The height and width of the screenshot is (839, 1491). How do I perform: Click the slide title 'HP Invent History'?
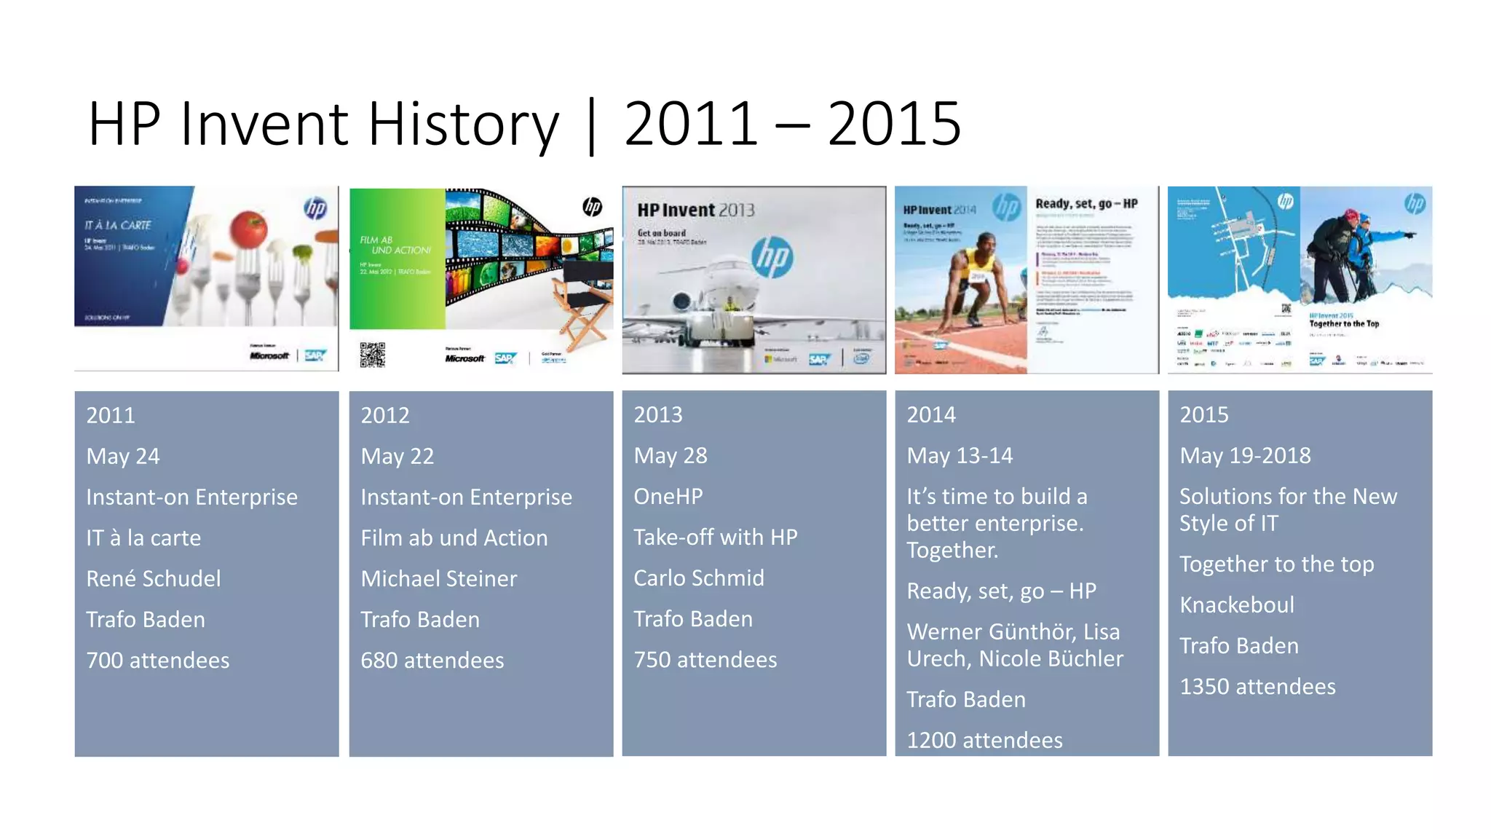[323, 124]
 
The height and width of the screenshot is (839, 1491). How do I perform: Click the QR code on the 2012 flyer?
[372, 355]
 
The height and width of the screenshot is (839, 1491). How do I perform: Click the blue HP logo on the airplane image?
[772, 257]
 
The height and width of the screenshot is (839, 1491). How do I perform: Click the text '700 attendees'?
[157, 661]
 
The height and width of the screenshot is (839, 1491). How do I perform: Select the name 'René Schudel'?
[153, 579]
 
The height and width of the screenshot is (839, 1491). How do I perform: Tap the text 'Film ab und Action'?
[454, 538]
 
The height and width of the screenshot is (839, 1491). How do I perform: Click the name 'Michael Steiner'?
[438, 579]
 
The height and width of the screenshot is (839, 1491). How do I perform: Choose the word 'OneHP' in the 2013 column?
[668, 497]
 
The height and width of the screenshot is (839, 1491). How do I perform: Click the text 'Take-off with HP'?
[715, 537]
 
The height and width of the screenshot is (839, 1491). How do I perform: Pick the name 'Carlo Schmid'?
[698, 578]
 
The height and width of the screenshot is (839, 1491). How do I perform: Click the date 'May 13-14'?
[959, 456]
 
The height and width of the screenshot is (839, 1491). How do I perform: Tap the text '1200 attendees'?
[984, 741]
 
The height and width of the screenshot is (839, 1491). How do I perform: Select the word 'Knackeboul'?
[1236, 605]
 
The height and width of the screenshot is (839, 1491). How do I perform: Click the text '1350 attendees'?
[1257, 687]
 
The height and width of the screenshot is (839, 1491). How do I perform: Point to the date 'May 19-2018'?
[1244, 456]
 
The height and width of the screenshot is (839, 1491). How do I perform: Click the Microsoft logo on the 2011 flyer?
[269, 355]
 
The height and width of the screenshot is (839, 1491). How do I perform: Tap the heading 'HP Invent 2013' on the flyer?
[695, 210]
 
